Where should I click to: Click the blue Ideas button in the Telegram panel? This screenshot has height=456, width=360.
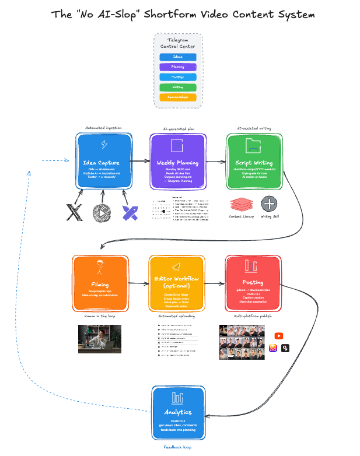tap(178, 57)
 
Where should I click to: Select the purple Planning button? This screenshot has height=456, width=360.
tap(178, 67)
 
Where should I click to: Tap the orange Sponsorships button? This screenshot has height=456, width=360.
tap(178, 97)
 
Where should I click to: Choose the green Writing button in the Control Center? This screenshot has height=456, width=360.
tap(178, 87)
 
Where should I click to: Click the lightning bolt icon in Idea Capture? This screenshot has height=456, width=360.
tap(104, 145)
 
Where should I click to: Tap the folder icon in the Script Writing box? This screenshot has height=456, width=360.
tap(254, 145)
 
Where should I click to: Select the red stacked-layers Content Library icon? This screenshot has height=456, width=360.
tap(241, 204)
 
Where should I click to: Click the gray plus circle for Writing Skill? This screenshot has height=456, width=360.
tap(269, 204)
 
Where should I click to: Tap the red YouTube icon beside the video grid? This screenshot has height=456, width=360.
tap(278, 336)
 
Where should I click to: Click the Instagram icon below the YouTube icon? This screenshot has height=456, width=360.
tap(272, 348)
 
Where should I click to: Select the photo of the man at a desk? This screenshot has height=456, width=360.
tap(100, 339)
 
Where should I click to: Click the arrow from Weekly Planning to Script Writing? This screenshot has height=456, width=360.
tap(216, 161)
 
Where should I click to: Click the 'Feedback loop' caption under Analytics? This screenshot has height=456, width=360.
tap(177, 447)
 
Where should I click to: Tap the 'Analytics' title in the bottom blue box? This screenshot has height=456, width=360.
tap(177, 413)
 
